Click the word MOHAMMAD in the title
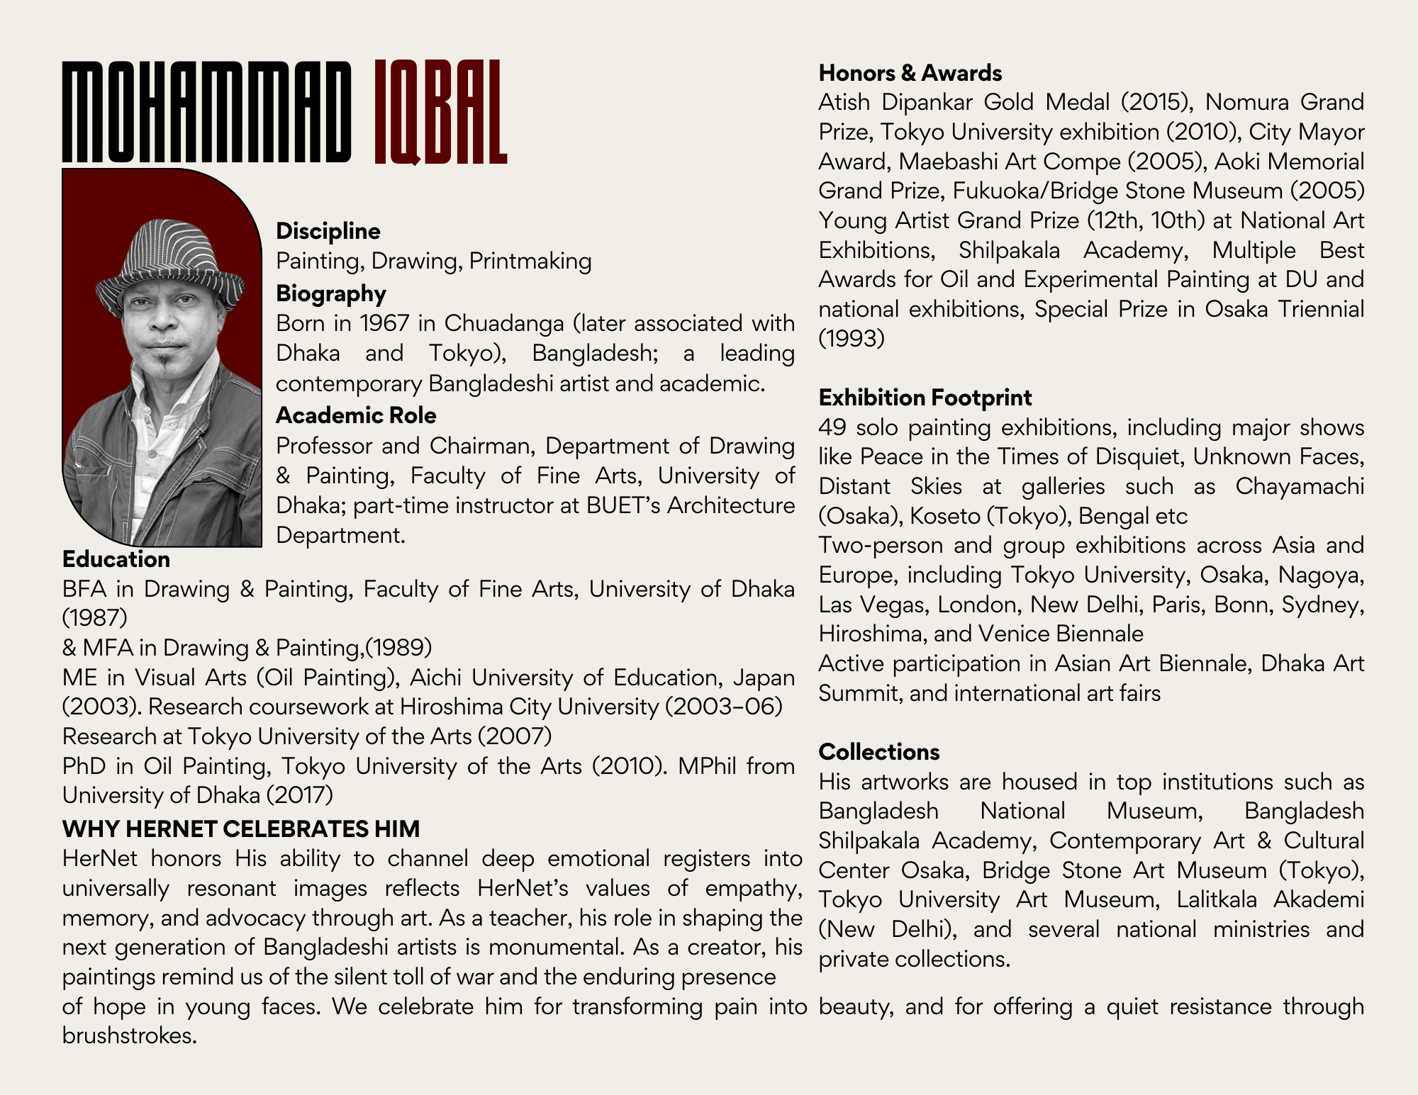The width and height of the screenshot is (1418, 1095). (x=206, y=112)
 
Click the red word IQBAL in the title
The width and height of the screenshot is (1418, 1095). (x=440, y=112)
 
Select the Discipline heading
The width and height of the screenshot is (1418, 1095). (x=328, y=231)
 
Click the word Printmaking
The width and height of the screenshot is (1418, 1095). (x=530, y=261)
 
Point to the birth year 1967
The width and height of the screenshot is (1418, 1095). (x=384, y=323)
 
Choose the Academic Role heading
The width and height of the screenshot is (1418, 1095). (x=356, y=415)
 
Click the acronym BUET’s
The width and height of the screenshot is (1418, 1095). (x=623, y=505)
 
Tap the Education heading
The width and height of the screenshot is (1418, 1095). (x=116, y=559)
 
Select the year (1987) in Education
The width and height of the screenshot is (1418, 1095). (x=95, y=618)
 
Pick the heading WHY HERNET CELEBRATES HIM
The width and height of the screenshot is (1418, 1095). (x=241, y=829)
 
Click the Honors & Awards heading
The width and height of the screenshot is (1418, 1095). (x=910, y=73)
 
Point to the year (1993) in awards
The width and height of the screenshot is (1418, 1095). (x=852, y=338)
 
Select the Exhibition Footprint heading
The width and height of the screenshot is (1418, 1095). (x=925, y=398)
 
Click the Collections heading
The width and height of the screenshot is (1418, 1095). (x=878, y=752)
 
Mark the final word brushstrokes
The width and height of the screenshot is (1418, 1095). (x=129, y=1035)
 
